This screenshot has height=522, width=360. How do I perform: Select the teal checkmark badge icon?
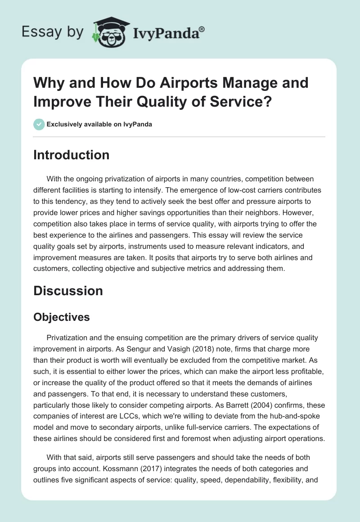[39, 124]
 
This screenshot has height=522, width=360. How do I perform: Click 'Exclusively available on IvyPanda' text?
[99, 124]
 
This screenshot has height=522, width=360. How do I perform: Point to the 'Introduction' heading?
[72, 155]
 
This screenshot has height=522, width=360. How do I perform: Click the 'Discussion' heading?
[68, 291]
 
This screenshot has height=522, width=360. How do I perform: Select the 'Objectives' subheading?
[62, 317]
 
